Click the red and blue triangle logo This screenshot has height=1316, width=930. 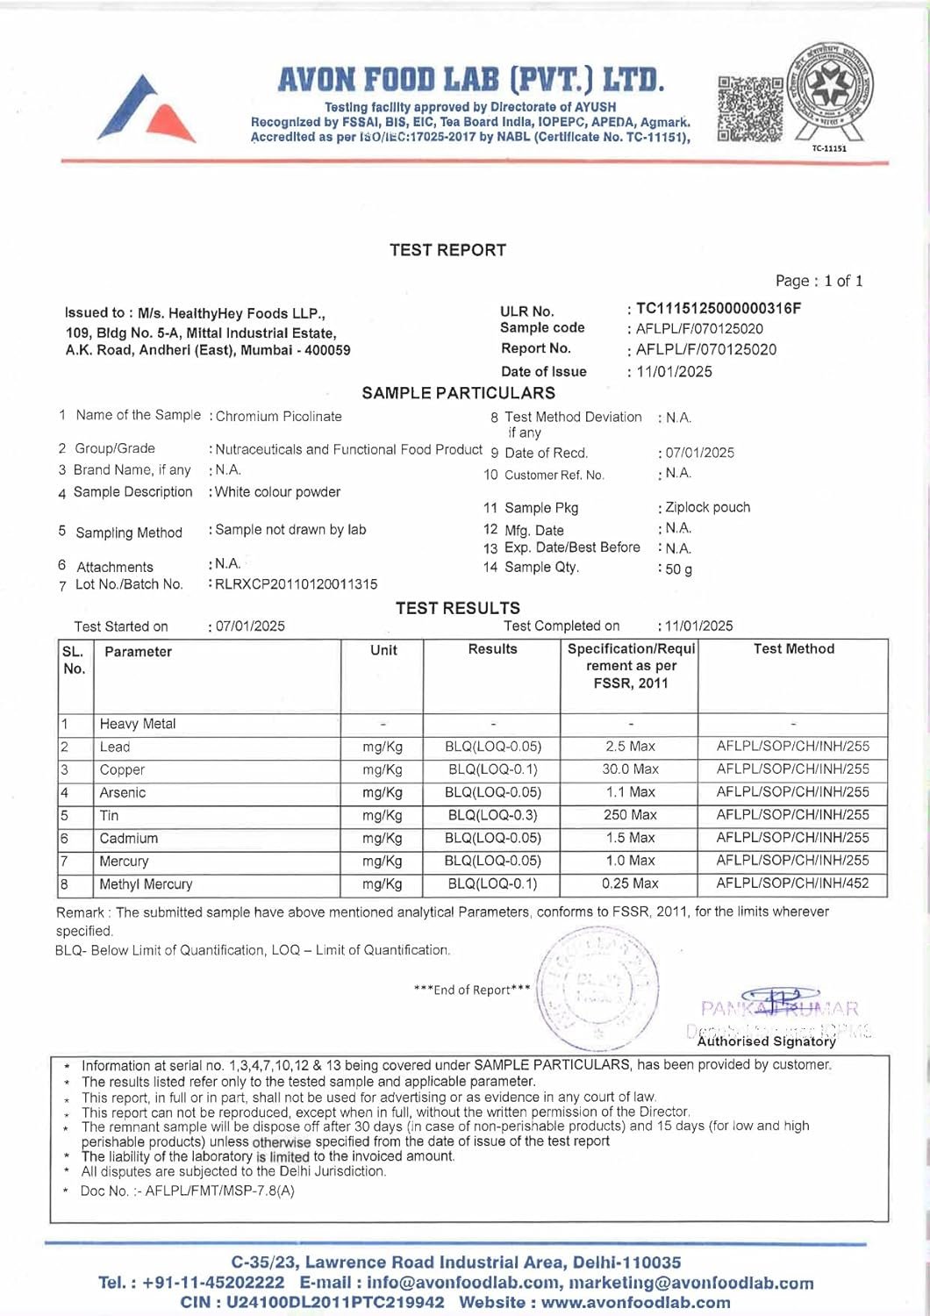click(147, 111)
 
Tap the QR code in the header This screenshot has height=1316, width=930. click(750, 109)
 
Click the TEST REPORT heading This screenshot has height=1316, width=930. click(447, 250)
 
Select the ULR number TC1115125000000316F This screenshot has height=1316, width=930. click(718, 308)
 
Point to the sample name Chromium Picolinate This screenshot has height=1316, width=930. click(278, 416)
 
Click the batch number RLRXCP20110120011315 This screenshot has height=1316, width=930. click(297, 583)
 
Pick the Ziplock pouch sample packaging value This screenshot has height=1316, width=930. click(707, 507)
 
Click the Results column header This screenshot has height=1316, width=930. click(492, 649)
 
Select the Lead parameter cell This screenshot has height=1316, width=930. click(115, 747)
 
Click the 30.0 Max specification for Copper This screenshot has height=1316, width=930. click(630, 769)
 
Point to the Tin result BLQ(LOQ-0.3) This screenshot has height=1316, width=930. click(492, 815)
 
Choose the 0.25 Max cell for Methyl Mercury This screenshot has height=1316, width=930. click(630, 883)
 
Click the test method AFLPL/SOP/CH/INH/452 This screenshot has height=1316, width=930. click(793, 883)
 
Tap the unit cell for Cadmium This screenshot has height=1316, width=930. click(383, 838)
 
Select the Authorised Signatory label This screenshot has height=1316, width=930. click(766, 1041)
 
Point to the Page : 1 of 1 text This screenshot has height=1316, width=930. click(819, 281)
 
